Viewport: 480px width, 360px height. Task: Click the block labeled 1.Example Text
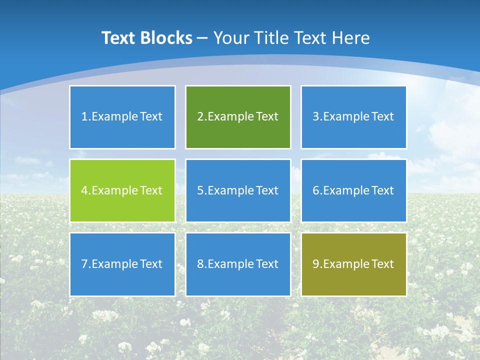coord(122,117)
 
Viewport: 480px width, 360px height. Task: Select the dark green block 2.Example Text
coord(238,117)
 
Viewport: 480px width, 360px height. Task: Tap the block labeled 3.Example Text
coord(353,117)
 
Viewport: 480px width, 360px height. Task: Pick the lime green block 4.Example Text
coord(122,190)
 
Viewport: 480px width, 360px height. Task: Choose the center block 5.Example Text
coord(238,190)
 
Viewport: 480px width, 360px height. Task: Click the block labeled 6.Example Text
coord(353,190)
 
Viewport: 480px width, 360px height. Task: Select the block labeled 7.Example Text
coord(122,264)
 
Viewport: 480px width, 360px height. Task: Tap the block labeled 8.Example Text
coord(238,264)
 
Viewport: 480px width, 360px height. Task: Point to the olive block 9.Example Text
coord(353,264)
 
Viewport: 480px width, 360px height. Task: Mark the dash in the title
coord(202,38)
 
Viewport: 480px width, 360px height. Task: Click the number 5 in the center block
coord(200,190)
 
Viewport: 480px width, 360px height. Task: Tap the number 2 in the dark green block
coord(200,117)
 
